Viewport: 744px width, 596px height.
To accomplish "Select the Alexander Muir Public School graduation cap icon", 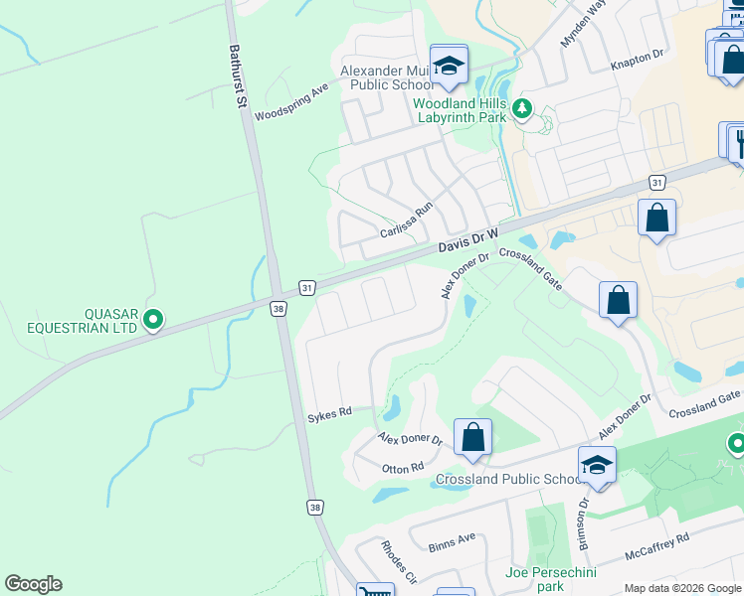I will (449, 67).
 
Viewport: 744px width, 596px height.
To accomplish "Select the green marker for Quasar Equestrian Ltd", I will (153, 320).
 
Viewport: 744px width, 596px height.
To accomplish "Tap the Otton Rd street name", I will (403, 466).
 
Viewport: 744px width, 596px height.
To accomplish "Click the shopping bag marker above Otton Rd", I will (472, 438).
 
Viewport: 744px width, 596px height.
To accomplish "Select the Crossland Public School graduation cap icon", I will (597, 466).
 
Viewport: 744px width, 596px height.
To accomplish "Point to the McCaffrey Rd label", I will (657, 546).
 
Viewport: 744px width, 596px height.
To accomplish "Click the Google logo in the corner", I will (33, 584).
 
